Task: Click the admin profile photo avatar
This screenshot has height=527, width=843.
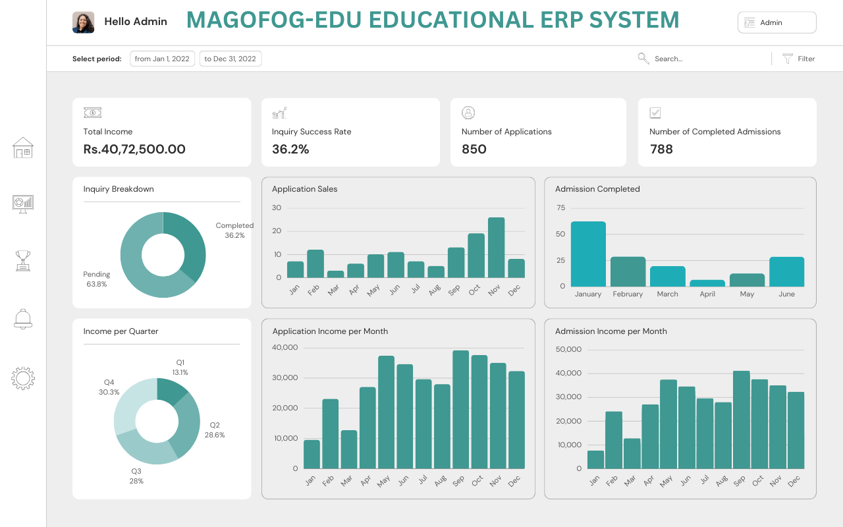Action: (83, 22)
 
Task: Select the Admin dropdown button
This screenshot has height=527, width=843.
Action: (776, 22)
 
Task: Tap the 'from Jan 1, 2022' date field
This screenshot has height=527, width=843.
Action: (162, 59)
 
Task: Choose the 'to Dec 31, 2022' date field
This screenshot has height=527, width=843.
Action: (230, 59)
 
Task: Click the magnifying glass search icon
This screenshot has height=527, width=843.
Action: (643, 59)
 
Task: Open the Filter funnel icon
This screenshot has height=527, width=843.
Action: (788, 59)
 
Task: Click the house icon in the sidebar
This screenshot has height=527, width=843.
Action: (23, 148)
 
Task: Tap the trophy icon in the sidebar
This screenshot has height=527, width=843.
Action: (23, 260)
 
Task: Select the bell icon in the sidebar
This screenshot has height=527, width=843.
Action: (23, 319)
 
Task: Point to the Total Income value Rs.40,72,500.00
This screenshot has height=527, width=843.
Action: (134, 150)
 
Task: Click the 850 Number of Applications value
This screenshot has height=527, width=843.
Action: (474, 150)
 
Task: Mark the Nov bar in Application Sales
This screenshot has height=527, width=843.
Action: (497, 248)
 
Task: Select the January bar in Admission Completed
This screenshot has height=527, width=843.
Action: (588, 254)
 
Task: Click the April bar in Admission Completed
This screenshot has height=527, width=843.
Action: (707, 283)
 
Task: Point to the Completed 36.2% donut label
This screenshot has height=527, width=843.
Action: (234, 230)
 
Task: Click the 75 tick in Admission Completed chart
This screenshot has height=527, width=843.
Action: (560, 208)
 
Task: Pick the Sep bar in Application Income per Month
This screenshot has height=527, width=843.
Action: (460, 410)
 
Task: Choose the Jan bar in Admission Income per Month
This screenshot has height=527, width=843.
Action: (595, 460)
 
